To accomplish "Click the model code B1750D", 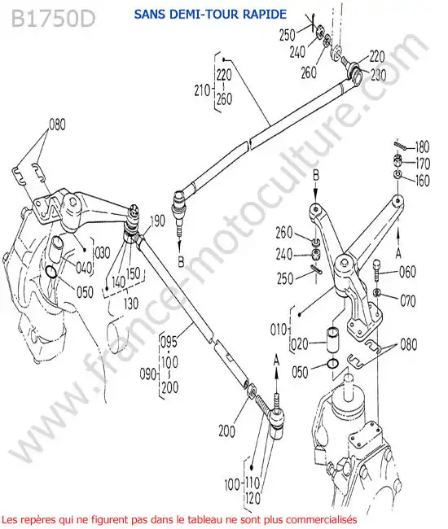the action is (53, 19).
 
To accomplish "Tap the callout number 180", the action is (422, 147).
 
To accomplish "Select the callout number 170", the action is (423, 164).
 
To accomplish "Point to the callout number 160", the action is (423, 180).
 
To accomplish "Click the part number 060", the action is (407, 272).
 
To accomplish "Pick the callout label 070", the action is (407, 300).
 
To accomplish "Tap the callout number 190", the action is (157, 221).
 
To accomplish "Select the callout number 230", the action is (379, 75).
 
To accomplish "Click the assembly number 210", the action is (202, 90).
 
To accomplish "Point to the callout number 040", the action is (84, 268).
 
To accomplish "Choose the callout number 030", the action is (103, 252).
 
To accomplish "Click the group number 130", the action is (131, 304).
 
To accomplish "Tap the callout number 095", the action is (169, 342).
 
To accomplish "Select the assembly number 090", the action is (148, 374).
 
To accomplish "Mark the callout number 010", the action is (279, 330).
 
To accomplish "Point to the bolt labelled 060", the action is (377, 269).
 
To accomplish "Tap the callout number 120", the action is (253, 498).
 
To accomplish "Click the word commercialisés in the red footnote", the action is (321, 519).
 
